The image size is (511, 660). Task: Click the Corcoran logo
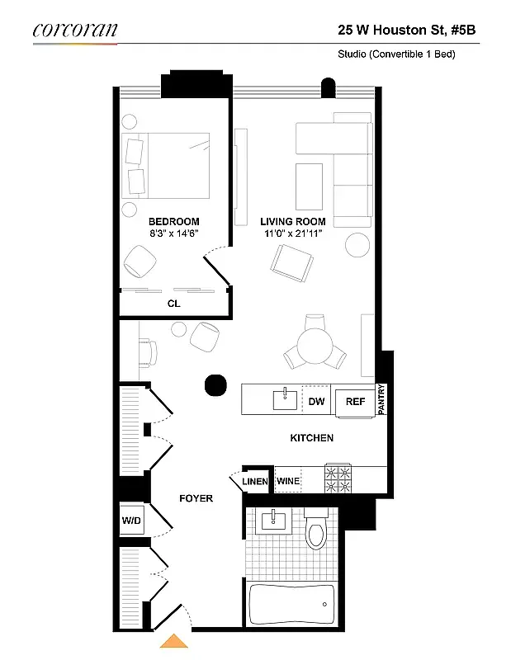[75, 30]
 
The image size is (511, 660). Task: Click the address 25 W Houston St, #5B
[407, 30]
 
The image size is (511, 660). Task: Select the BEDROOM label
[173, 222]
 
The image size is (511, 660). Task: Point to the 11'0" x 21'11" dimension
[292, 234]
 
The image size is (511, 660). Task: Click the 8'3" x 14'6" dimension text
[173, 234]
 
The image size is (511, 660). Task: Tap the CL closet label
[173, 304]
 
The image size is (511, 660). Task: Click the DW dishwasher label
[316, 402]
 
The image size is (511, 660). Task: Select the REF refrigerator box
[355, 402]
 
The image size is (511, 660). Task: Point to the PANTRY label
[381, 400]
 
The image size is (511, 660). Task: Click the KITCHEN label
[311, 438]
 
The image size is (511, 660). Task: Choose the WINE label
[288, 481]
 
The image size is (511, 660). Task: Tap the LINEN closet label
[254, 482]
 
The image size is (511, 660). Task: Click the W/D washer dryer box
[131, 520]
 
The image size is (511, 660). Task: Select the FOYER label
[196, 498]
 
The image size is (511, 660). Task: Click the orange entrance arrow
[173, 641]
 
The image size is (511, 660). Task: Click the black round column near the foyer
[215, 384]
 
